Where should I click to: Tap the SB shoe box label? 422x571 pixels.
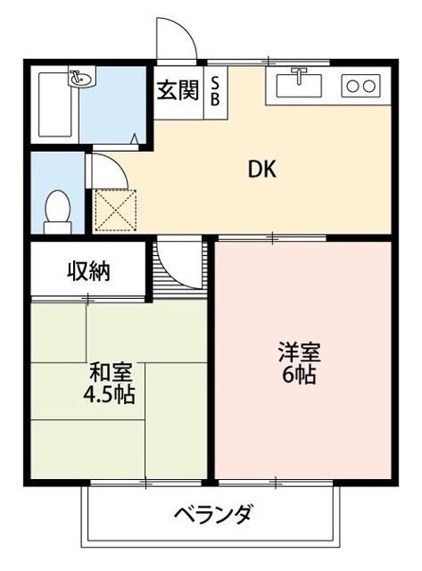tap(215, 92)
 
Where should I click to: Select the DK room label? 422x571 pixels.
tap(262, 170)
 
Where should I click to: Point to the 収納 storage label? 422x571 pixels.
tap(89, 271)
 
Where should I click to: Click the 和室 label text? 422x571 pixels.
tap(111, 372)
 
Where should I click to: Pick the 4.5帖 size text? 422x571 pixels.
tap(109, 393)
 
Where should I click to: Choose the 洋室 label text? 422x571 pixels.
tap(299, 352)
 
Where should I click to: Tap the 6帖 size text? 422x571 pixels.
tap(299, 374)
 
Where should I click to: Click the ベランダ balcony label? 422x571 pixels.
tap(212, 514)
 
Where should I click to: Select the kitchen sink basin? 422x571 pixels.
tap(299, 86)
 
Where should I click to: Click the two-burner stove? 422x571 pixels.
tap(360, 86)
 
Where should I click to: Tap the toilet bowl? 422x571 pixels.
tap(57, 211)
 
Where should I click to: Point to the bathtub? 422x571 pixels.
tap(55, 104)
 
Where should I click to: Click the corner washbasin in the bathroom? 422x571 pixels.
tap(82, 77)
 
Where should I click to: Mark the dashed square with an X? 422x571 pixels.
tap(115, 211)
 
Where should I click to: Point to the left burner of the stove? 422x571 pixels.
tap(352, 87)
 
